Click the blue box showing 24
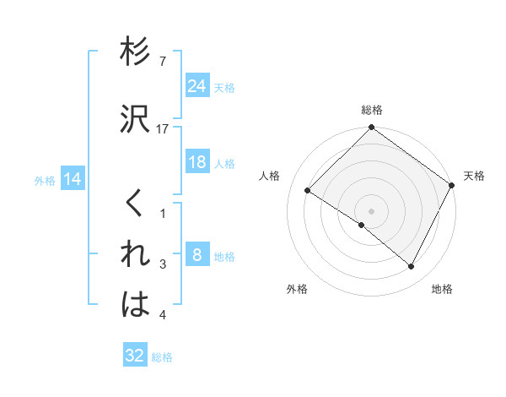click(x=197, y=85)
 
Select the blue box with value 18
click(x=197, y=162)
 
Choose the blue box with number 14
click(x=73, y=179)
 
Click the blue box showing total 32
click(x=135, y=356)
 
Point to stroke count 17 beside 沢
click(x=164, y=129)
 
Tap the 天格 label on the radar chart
click(x=474, y=176)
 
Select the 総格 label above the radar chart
click(x=372, y=111)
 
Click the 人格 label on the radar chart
click(x=270, y=176)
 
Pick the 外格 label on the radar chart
click(x=297, y=289)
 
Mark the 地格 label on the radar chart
click(x=442, y=289)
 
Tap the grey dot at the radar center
click(x=371, y=210)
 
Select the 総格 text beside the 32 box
click(x=162, y=357)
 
